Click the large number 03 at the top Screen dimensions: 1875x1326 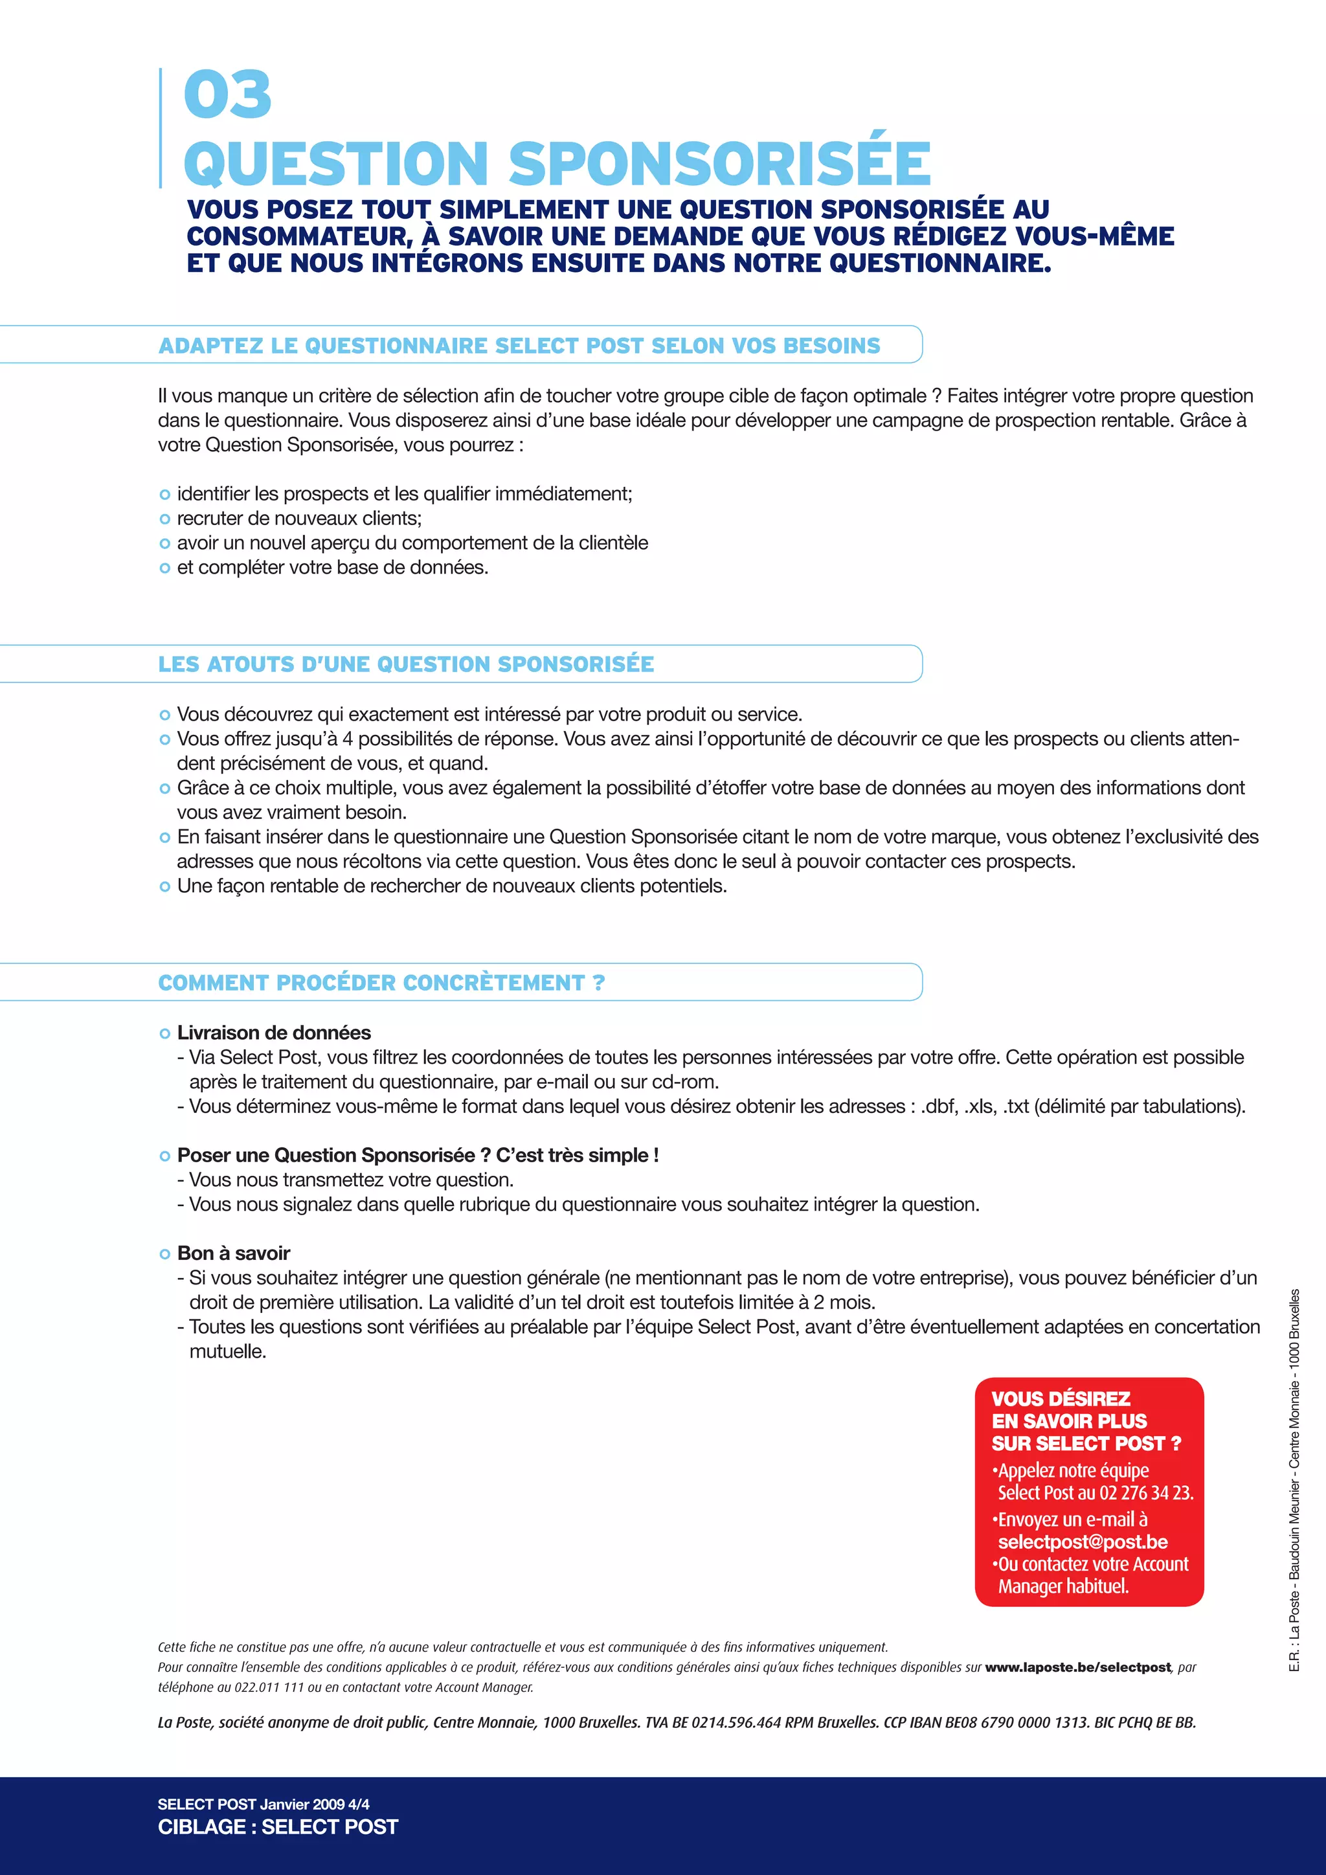coord(228,95)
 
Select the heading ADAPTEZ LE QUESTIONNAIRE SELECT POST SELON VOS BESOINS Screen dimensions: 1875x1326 coord(519,346)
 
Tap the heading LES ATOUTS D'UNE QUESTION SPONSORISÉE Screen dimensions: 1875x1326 coord(406,664)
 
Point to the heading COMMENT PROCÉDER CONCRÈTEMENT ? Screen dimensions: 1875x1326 coord(381,982)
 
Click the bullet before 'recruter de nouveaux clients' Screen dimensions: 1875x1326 coord(165,519)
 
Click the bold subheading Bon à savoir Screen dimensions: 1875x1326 coord(234,1253)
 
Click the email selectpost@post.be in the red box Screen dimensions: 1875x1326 coord(1083,1542)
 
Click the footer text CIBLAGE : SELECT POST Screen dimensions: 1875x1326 coord(278,1827)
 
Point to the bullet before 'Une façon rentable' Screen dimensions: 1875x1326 coord(165,886)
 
